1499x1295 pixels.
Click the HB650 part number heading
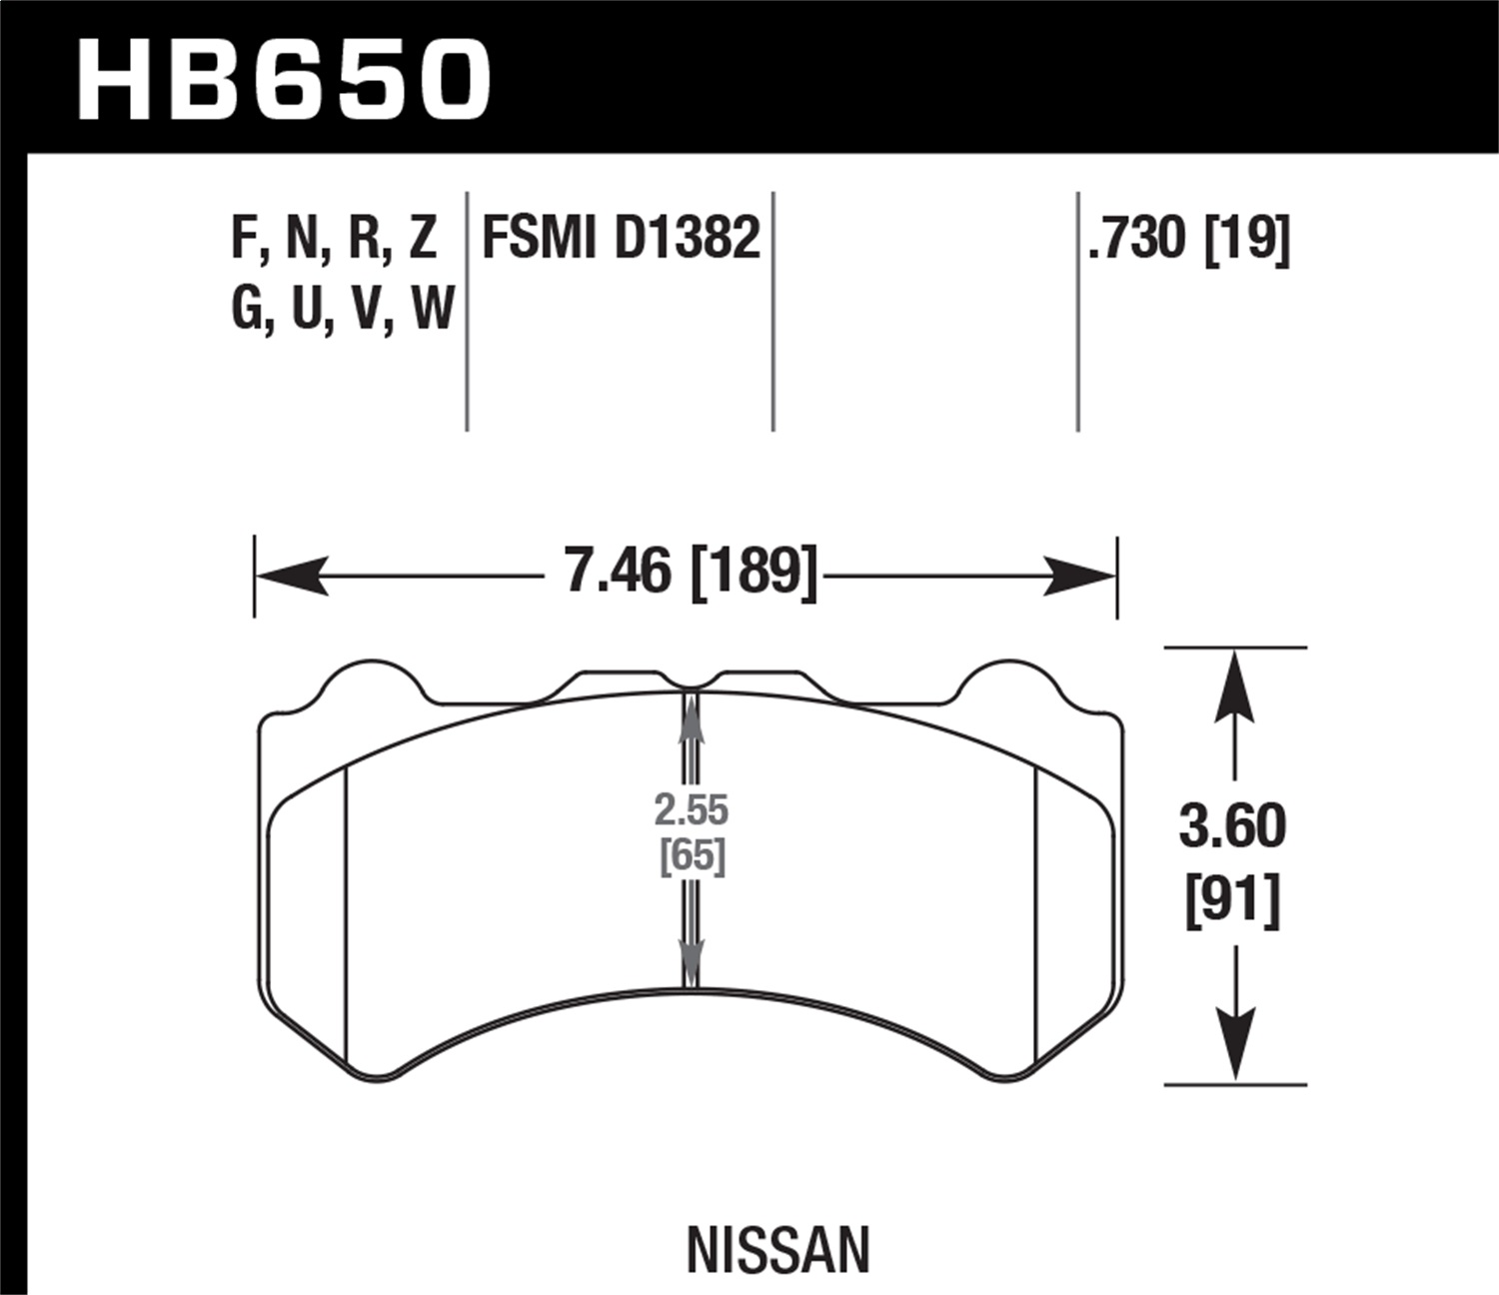pos(284,80)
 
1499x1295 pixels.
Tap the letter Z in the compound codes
pos(423,240)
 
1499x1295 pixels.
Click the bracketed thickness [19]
pos(1247,240)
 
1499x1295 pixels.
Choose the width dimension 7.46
pos(618,573)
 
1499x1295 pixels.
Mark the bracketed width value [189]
pos(753,573)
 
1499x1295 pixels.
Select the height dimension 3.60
pos(1233,827)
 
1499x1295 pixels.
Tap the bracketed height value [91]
pos(1233,901)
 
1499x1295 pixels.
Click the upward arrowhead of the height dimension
pos(1235,684)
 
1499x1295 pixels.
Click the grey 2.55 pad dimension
pos(692,810)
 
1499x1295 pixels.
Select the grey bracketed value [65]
pos(692,856)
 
